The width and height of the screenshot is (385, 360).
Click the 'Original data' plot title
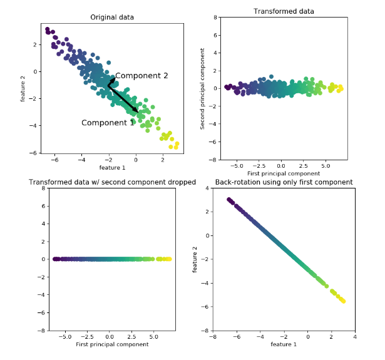pos(112,17)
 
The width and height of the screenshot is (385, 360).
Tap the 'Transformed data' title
pos(284,11)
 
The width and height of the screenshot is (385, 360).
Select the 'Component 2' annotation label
pos(141,76)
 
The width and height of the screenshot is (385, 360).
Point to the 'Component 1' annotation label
pos(108,123)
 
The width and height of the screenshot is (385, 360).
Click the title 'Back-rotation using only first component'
pos(284,182)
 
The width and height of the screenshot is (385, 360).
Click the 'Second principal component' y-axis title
pos(202,88)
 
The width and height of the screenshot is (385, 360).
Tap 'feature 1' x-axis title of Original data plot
pos(112,168)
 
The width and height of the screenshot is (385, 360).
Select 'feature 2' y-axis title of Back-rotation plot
pos(196,259)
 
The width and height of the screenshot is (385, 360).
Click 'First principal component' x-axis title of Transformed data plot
pos(284,173)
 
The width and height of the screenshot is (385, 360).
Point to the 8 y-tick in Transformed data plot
pos(213,18)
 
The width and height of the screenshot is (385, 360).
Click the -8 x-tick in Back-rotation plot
pos(213,337)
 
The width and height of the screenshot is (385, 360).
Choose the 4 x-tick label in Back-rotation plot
pos(354,337)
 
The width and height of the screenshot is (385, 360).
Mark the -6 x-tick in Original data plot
pos(54,160)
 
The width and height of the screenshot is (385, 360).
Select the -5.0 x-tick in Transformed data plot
pos(237,166)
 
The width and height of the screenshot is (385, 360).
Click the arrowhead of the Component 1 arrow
pos(136,111)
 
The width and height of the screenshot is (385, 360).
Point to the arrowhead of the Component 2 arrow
pos(113,80)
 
